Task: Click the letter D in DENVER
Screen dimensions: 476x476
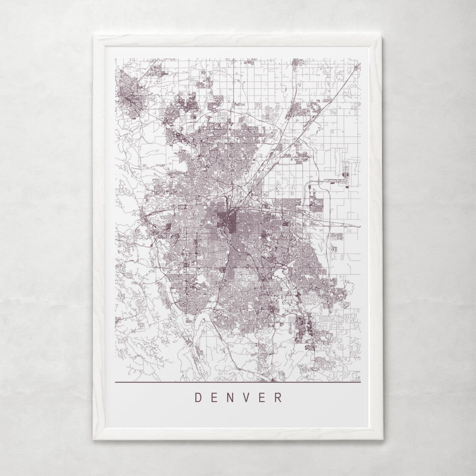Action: point(198,397)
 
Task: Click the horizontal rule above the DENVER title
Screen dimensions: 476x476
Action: point(238,383)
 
